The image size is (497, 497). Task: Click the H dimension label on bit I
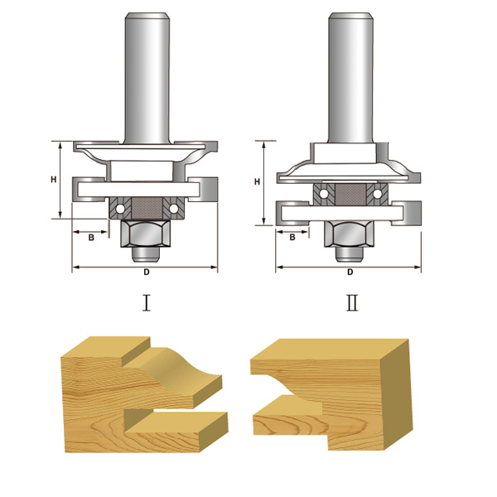tap(54, 180)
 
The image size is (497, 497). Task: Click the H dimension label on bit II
tap(257, 181)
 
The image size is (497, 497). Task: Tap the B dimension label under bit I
tap(91, 238)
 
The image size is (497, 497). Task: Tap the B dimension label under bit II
tap(292, 237)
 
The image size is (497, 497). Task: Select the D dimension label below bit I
tap(147, 272)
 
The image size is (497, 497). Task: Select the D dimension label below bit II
tap(350, 272)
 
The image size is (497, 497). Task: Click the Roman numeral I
tap(146, 302)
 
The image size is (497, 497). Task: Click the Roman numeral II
tap(352, 302)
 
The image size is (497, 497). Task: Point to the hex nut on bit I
tap(146, 234)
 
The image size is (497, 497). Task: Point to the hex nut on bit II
tap(350, 234)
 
